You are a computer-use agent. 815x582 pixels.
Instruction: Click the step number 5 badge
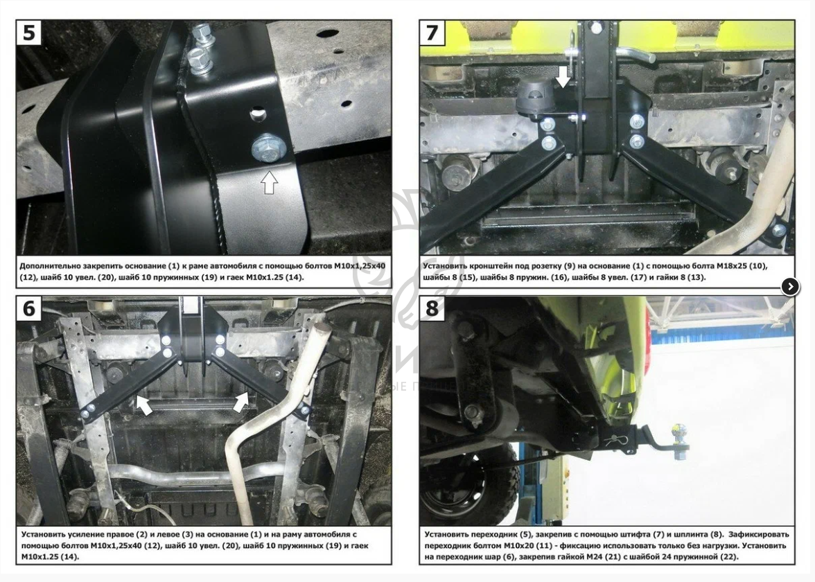[x=29, y=33]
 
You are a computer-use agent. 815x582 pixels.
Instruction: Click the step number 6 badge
[x=29, y=309]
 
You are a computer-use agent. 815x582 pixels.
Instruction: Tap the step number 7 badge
[x=432, y=33]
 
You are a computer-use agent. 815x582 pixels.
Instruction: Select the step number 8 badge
[x=432, y=309]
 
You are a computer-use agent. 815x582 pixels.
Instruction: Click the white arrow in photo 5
[x=269, y=182]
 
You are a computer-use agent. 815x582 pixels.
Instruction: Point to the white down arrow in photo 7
[x=563, y=76]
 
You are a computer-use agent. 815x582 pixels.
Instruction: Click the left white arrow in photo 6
[x=144, y=405]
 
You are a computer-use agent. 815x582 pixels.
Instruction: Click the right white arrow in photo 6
[x=240, y=403]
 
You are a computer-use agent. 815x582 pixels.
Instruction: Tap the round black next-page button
[x=790, y=285]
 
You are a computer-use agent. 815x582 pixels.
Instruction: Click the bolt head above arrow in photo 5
[x=268, y=148]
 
